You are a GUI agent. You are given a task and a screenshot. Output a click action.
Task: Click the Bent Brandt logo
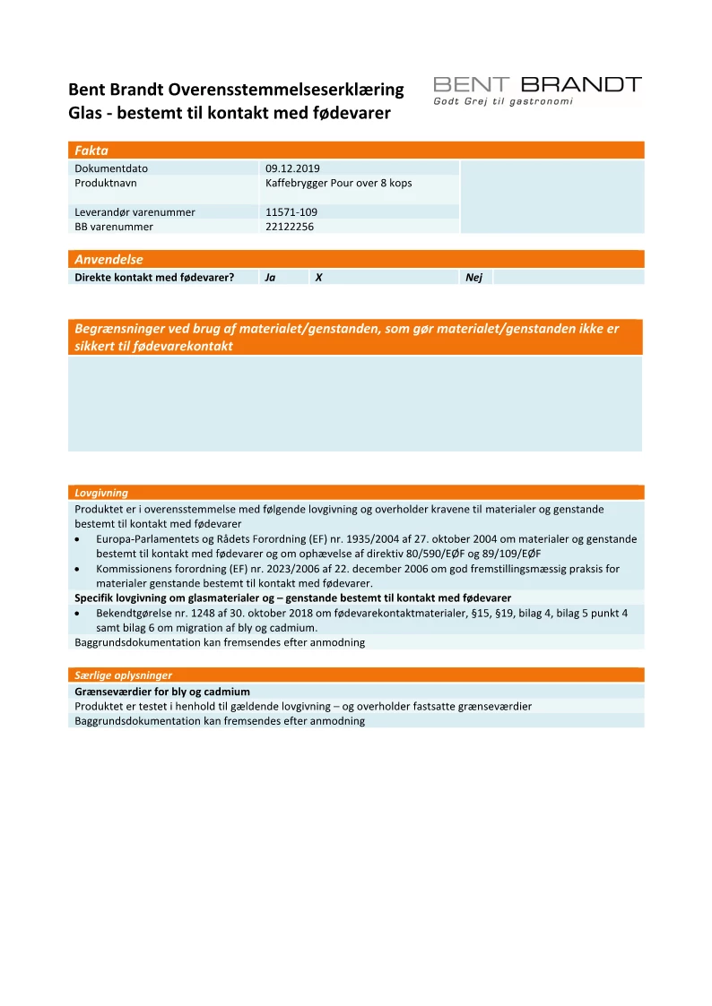click(537, 86)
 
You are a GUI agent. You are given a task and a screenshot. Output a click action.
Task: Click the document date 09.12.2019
click(292, 168)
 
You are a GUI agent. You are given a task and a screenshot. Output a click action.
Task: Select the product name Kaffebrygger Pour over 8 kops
click(338, 183)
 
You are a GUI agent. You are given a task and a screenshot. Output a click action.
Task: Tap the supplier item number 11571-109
click(291, 212)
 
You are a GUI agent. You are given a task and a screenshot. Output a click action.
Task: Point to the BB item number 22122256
click(291, 227)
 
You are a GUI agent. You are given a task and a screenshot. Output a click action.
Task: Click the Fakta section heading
click(91, 150)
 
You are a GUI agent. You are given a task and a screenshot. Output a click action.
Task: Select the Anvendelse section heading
click(109, 259)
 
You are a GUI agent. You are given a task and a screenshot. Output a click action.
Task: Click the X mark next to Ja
click(318, 278)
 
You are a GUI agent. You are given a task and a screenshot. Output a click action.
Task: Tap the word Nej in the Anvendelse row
click(473, 278)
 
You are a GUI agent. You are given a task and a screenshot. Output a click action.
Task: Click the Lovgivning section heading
click(101, 493)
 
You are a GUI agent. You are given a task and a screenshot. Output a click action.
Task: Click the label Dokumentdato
click(111, 168)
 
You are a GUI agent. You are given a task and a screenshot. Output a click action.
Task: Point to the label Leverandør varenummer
click(135, 212)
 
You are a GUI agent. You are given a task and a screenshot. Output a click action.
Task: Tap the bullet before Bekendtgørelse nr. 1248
click(80, 613)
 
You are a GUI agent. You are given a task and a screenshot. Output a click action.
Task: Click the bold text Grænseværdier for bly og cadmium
click(162, 692)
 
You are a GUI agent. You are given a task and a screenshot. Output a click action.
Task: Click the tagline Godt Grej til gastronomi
click(502, 102)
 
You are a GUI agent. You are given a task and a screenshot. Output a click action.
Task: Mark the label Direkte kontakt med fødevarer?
click(154, 278)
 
